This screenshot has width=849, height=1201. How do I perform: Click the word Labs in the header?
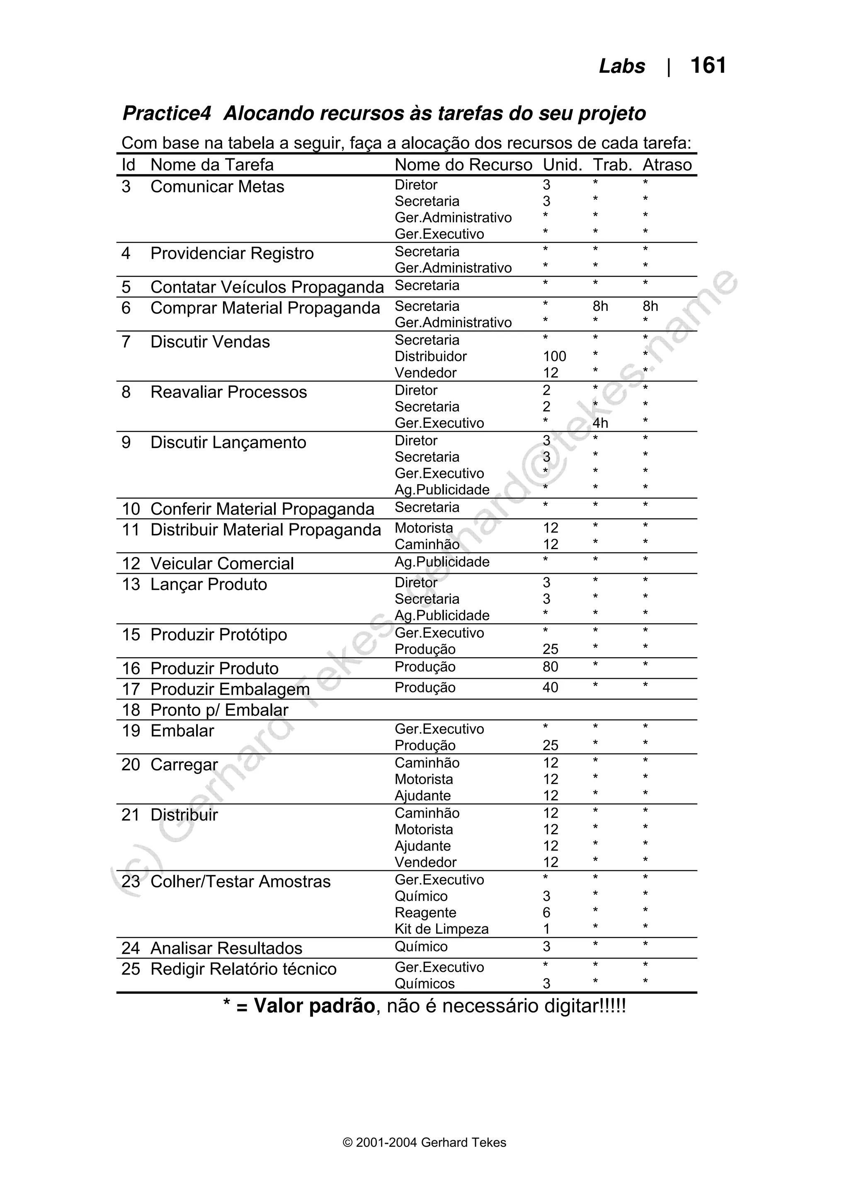click(x=621, y=66)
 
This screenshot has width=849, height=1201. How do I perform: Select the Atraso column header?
click(x=667, y=165)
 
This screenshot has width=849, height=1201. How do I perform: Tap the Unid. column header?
click(x=563, y=165)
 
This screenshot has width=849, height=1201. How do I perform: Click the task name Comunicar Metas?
click(x=217, y=187)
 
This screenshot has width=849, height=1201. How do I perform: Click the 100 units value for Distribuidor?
click(x=555, y=356)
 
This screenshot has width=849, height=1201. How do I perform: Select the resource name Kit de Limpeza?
click(x=441, y=929)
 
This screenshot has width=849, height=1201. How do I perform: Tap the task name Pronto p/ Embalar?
click(x=219, y=710)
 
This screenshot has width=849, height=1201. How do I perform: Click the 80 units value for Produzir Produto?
click(x=550, y=667)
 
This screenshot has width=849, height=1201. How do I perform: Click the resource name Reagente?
click(x=425, y=913)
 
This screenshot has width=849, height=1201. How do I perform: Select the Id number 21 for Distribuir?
click(x=131, y=815)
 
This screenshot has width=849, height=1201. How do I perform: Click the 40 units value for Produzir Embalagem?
click(x=550, y=688)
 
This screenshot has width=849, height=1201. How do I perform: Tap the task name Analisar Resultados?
click(x=226, y=948)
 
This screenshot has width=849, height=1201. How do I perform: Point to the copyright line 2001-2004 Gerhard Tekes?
click(x=424, y=1143)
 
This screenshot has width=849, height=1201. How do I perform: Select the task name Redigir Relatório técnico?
click(x=243, y=969)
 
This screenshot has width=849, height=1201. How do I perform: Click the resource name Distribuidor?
click(x=431, y=356)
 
